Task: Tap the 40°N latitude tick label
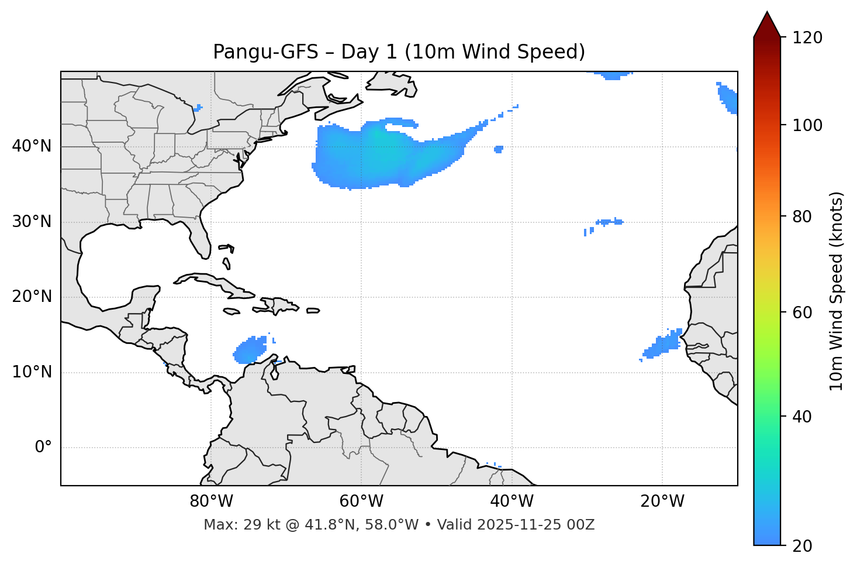[32, 146]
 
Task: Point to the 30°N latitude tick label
[32, 222]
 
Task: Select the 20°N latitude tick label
[32, 297]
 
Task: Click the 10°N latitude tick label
[32, 372]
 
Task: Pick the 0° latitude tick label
[43, 448]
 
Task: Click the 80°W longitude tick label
[211, 501]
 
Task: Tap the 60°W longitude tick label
[361, 501]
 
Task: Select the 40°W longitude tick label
[512, 501]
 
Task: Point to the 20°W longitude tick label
[662, 501]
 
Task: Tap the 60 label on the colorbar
[801, 312]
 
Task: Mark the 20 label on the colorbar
[801, 546]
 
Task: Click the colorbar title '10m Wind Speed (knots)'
[837, 291]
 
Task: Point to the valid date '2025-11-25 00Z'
[535, 525]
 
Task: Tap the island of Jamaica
[231, 311]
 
